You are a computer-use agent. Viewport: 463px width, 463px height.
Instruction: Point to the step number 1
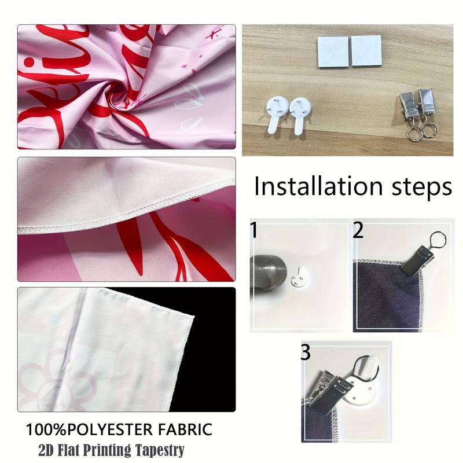(x=253, y=231)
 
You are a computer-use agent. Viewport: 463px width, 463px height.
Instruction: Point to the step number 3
(x=306, y=352)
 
